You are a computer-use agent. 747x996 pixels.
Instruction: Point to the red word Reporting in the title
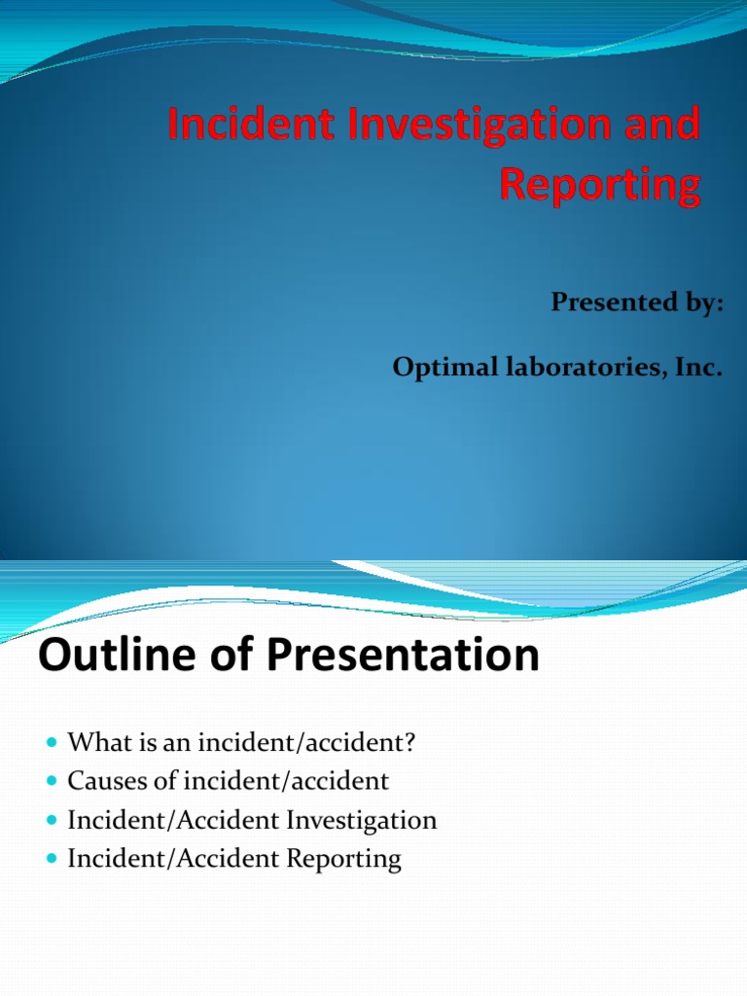tap(600, 185)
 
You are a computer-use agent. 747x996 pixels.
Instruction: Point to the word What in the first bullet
tap(94, 742)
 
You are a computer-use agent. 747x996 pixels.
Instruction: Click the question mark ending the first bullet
tap(409, 742)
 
